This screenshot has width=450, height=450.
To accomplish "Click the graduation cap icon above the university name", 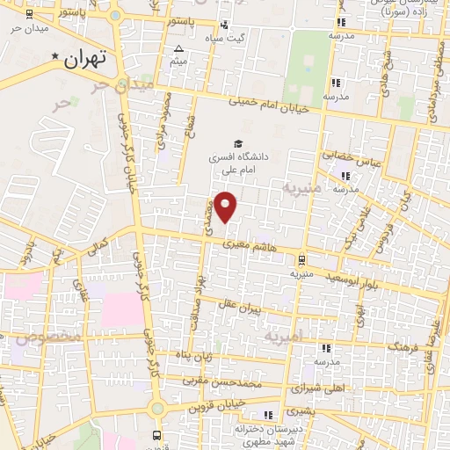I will click(x=235, y=143).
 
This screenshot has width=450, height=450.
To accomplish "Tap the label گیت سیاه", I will click(x=250, y=38).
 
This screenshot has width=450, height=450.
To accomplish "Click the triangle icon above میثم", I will click(x=178, y=49).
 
